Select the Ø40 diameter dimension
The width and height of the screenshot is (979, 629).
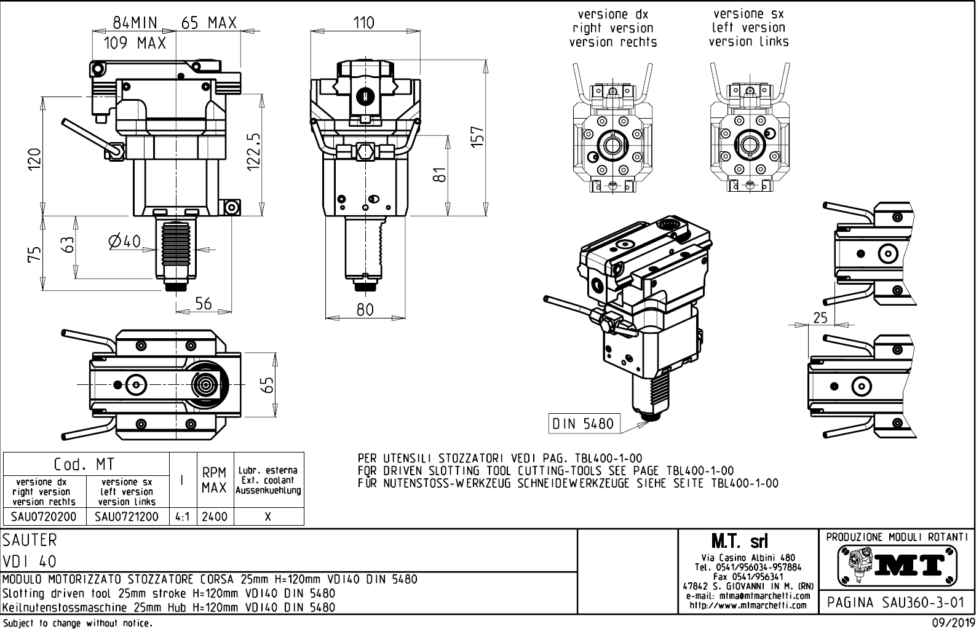tap(124, 241)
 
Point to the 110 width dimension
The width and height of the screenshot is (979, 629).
tap(364, 23)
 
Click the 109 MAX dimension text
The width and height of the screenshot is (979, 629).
tap(135, 43)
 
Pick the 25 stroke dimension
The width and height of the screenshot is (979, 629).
tap(820, 317)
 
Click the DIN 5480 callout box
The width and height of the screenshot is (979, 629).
tap(583, 424)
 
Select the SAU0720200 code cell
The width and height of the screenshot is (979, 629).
tap(44, 516)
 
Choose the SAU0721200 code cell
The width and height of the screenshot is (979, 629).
tap(127, 516)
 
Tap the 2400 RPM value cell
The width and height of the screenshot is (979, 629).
tap(215, 516)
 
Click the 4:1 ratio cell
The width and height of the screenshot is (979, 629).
tap(182, 516)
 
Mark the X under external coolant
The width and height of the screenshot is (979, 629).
tap(268, 516)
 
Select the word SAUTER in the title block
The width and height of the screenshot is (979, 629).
tap(30, 540)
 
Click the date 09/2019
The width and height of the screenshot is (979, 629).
tap(952, 623)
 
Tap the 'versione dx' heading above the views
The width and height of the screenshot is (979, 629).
tap(612, 14)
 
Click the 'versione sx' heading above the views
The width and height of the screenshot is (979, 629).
tap(748, 14)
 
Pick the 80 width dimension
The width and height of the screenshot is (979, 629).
tap(365, 309)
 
